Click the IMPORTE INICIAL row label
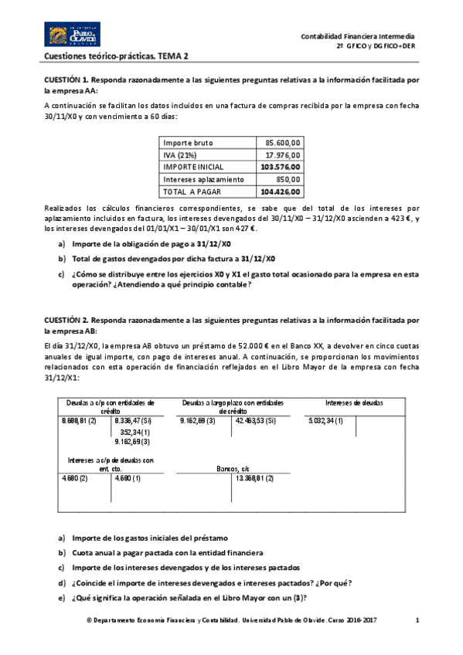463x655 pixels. [193, 167]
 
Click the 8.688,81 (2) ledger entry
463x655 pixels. [79, 421]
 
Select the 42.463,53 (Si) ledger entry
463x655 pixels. [254, 421]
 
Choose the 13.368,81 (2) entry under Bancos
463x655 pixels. [254, 479]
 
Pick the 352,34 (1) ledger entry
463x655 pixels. [135, 432]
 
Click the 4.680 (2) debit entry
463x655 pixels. [74, 479]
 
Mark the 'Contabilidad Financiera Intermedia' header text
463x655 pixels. [357, 36]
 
